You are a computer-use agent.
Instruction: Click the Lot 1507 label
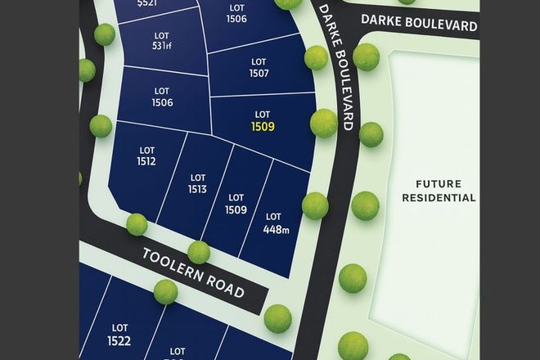coord(259,66)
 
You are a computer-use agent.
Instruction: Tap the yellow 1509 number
coord(263,127)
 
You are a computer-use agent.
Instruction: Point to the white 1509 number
coord(236,209)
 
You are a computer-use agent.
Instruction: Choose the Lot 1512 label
coord(147,155)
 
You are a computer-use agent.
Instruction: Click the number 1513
coord(196,189)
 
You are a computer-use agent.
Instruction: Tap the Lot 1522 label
coord(119,334)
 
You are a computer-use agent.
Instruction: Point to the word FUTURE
coord(438,183)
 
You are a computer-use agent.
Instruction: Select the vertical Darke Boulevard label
coord(335,65)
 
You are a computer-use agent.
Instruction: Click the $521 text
coord(147,4)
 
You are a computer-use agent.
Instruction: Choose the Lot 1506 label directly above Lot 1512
coord(162,97)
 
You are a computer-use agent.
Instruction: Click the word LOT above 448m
coord(272,217)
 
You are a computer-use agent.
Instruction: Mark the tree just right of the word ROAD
coord(277,317)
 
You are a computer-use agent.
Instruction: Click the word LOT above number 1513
coord(196,178)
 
